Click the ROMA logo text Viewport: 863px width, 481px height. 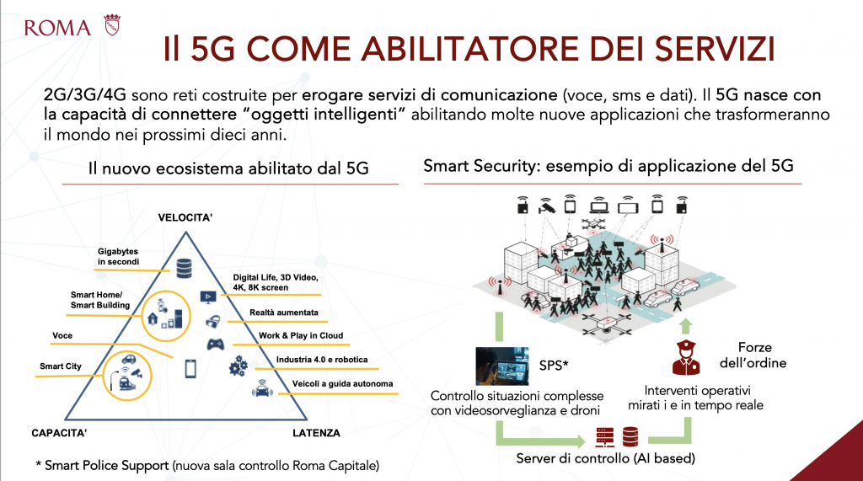click(x=58, y=28)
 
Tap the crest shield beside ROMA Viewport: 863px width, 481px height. click(x=112, y=25)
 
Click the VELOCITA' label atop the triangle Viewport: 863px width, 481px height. click(x=185, y=217)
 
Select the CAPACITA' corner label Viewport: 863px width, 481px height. click(x=59, y=433)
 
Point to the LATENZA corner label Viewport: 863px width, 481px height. click(x=316, y=433)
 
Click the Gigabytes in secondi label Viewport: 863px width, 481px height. click(x=118, y=256)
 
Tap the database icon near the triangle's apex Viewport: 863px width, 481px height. click(x=184, y=268)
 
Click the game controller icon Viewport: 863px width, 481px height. click(x=215, y=345)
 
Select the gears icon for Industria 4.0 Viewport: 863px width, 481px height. click(x=239, y=366)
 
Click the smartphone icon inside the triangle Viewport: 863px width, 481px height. click(x=190, y=368)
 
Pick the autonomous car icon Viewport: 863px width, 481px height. click(x=262, y=388)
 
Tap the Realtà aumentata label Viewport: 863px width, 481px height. click(x=283, y=312)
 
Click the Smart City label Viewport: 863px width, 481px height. click(x=61, y=366)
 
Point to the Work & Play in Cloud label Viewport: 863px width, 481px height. click(x=301, y=335)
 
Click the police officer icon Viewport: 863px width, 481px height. click(x=686, y=357)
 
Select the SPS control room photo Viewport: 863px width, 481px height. click(x=502, y=366)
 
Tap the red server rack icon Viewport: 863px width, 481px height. click(x=605, y=437)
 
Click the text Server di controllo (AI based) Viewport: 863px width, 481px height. click(x=605, y=458)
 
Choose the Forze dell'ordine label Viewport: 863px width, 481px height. click(x=753, y=355)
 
